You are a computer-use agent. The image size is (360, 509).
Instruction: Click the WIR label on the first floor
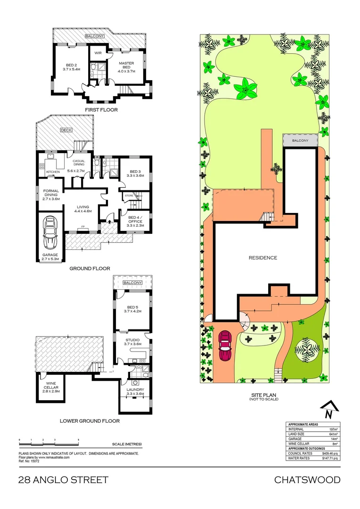point(98,53)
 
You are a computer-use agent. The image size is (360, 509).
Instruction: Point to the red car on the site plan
point(225,345)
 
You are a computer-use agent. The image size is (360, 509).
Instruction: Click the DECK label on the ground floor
point(65,130)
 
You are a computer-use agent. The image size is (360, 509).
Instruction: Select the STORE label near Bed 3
point(129,195)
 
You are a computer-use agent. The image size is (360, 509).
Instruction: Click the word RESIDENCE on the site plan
point(263,258)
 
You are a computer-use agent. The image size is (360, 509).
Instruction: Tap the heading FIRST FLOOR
point(101,110)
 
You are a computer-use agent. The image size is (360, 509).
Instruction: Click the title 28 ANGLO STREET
point(63,480)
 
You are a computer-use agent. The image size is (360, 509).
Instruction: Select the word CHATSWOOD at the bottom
point(307,480)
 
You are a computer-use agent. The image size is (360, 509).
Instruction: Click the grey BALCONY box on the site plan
point(300,140)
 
